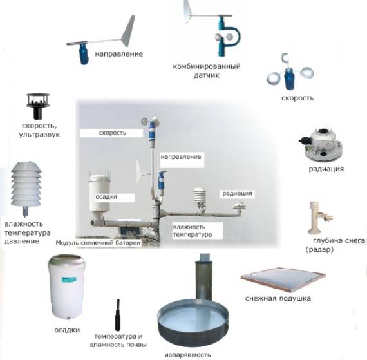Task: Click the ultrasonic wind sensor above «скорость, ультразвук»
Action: [x=38, y=106]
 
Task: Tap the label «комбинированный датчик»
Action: [x=207, y=71]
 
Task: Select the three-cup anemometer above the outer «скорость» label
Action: [x=289, y=73]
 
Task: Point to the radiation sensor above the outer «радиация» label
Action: [x=321, y=145]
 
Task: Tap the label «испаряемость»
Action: [x=188, y=355]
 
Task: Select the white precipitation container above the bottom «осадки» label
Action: [x=66, y=287]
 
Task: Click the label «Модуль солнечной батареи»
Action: [x=98, y=243]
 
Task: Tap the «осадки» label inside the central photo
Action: [x=106, y=197]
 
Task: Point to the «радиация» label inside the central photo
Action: [x=237, y=193]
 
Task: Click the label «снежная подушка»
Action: [x=278, y=298]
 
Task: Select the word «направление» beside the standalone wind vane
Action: [x=119, y=54]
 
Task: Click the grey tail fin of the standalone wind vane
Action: [x=128, y=31]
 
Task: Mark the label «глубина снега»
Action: [x=339, y=240]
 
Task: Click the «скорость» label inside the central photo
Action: [x=112, y=133]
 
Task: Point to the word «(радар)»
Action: [x=319, y=249]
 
